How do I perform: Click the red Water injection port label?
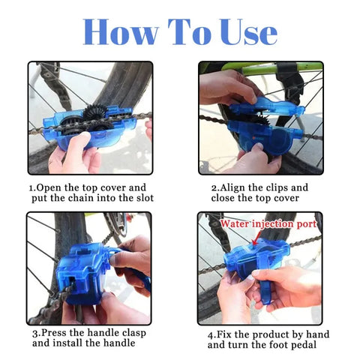pos(267,223)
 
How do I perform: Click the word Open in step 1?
pos(53,187)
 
